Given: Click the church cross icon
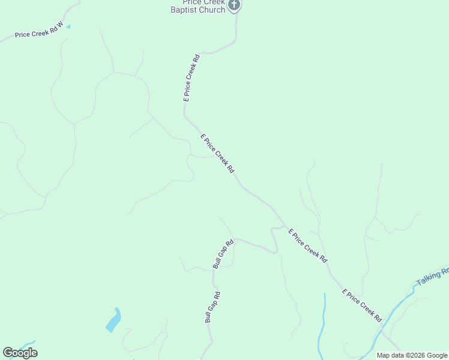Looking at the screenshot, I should click(x=235, y=5).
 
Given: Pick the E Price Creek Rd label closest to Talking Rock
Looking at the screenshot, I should click(x=363, y=305).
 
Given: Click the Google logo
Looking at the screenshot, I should click(x=20, y=353).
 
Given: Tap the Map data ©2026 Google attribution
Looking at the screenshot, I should click(x=412, y=355).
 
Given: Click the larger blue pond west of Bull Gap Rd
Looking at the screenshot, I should click(x=113, y=320).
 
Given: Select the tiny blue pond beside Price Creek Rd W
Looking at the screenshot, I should click(x=68, y=26).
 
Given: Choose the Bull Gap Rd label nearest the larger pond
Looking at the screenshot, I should click(x=212, y=307).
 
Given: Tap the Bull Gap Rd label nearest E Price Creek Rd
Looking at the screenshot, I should click(x=223, y=254).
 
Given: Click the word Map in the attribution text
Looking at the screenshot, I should click(x=384, y=355).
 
